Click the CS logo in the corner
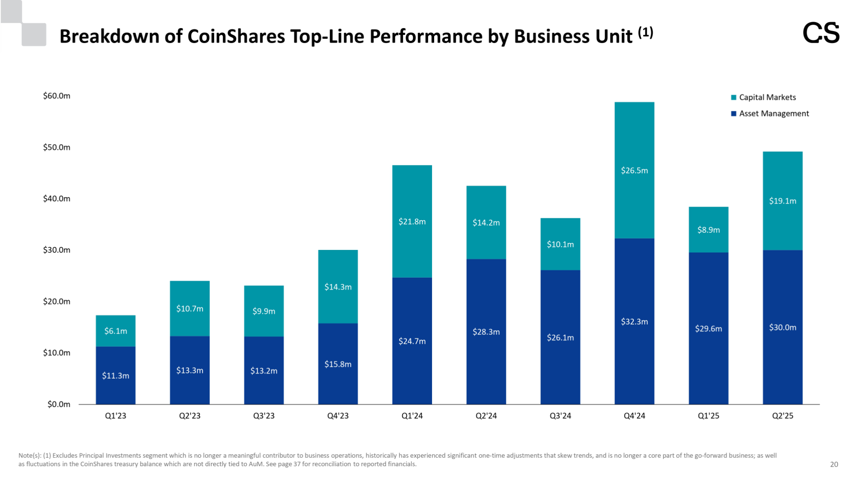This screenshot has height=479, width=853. [821, 33]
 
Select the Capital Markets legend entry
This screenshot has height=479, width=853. [767, 97]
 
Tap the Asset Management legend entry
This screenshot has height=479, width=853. [773, 113]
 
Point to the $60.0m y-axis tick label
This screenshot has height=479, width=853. [57, 96]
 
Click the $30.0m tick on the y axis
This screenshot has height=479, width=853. [57, 250]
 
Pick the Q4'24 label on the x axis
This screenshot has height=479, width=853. [634, 416]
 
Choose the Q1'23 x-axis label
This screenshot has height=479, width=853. [116, 416]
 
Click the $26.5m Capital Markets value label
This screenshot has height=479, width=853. [634, 171]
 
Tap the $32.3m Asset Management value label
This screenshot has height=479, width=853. [634, 322]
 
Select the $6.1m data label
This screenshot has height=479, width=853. [116, 331]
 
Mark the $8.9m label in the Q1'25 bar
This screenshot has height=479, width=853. [708, 230]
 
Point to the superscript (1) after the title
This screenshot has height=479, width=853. [645, 32]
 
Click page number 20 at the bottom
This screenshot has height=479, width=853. [834, 464]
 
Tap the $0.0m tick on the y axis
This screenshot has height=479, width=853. [59, 404]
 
